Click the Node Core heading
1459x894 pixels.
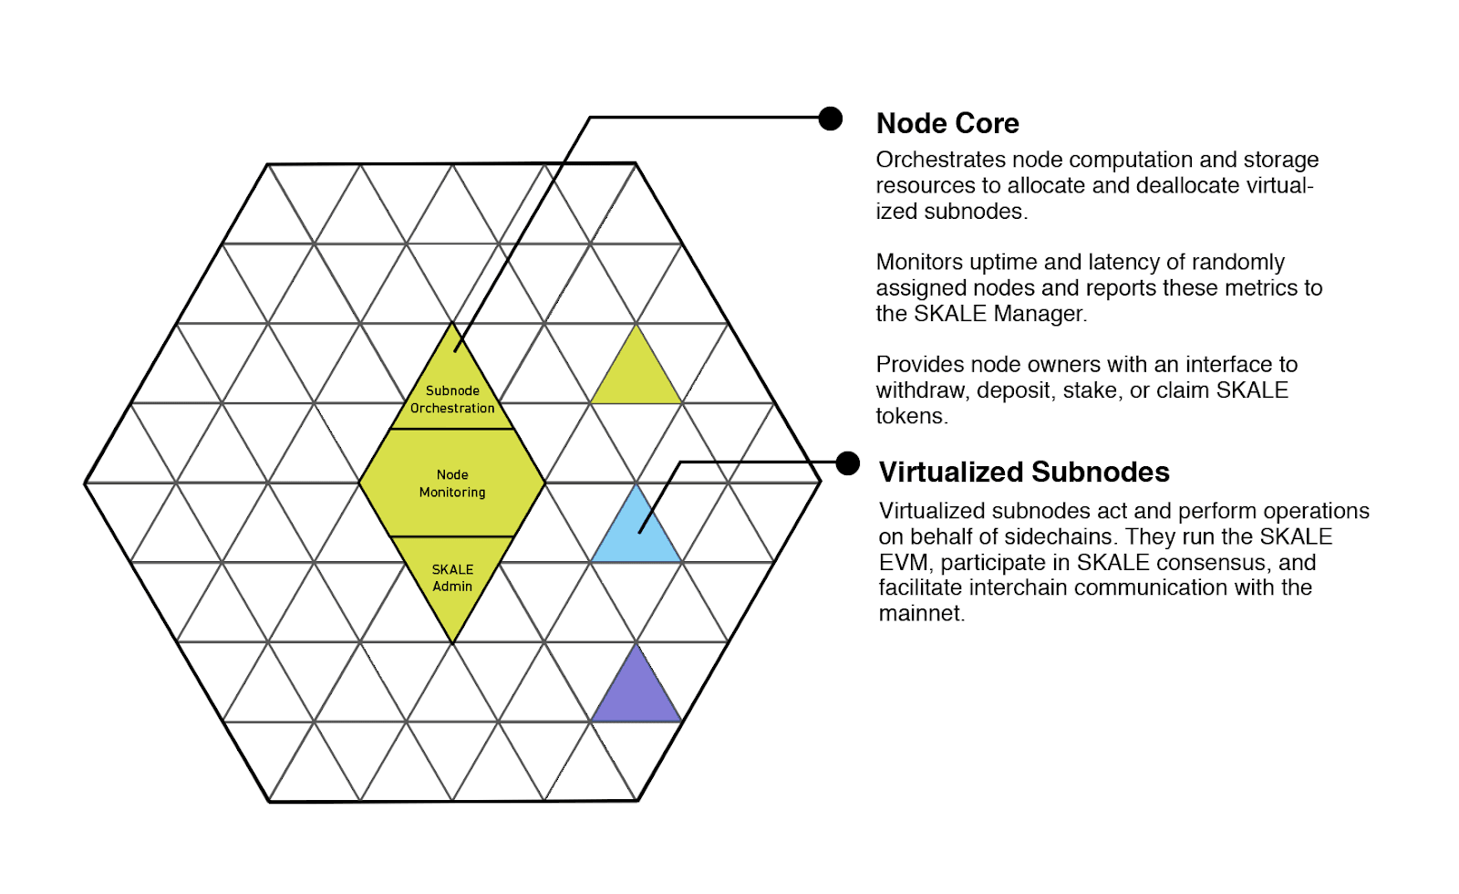[x=947, y=123]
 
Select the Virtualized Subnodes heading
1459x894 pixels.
[x=1023, y=472]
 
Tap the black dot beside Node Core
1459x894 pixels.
[x=830, y=119]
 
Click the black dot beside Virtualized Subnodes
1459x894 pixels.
[x=848, y=463]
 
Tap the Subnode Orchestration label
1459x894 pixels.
[x=452, y=400]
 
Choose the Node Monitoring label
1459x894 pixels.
[x=452, y=483]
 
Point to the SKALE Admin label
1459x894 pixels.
[x=452, y=577]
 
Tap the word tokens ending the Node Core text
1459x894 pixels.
[x=910, y=416]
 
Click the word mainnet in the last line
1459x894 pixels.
[x=920, y=613]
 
